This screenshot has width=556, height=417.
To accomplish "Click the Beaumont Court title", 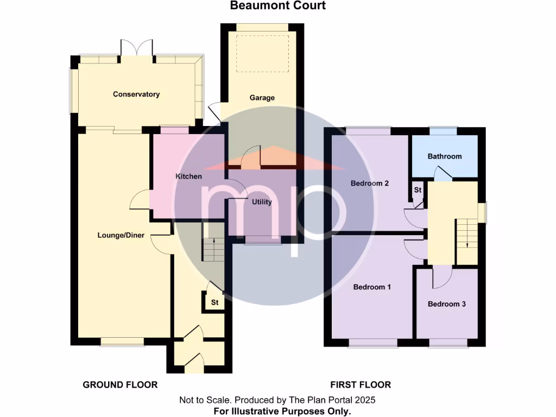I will pyautogui.click(x=278, y=6).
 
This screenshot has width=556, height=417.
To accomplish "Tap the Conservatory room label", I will pyautogui.click(x=136, y=94).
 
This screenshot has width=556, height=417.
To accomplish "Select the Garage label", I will pyautogui.click(x=262, y=98).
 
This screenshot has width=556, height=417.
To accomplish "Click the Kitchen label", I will pyautogui.click(x=188, y=176).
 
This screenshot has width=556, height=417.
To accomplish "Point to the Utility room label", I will pyautogui.click(x=262, y=202).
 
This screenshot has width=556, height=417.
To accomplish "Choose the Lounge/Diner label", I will pyautogui.click(x=121, y=235).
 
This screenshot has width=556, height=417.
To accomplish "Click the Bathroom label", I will pyautogui.click(x=445, y=156).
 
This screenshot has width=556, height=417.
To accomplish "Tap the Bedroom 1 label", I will pyautogui.click(x=372, y=287).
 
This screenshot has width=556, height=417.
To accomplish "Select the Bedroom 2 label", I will pyautogui.click(x=369, y=184).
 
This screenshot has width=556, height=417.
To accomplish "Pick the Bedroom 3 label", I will pyautogui.click(x=446, y=304).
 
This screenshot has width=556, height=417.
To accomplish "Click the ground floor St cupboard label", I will pyautogui.click(x=214, y=302).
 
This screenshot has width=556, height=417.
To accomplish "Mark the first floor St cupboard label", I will pyautogui.click(x=418, y=190).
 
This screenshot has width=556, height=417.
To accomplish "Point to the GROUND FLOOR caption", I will pyautogui.click(x=120, y=385).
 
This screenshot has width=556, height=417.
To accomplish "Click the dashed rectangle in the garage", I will pyautogui.click(x=262, y=53).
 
